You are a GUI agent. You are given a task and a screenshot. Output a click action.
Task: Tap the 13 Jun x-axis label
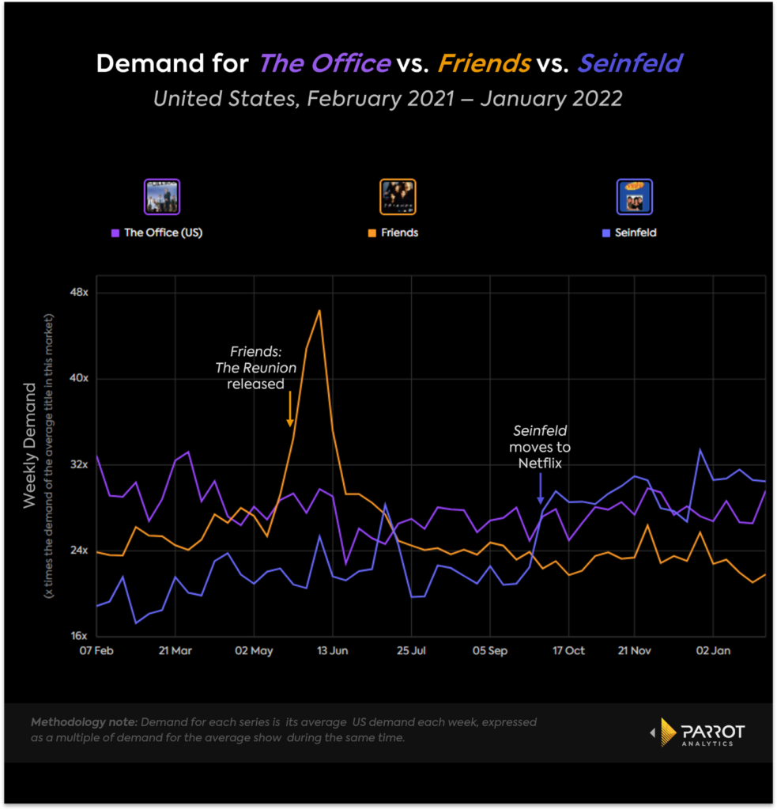(x=333, y=651)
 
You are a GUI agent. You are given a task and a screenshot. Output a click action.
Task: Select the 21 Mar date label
(x=175, y=651)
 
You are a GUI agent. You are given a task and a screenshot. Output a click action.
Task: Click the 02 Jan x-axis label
(x=714, y=651)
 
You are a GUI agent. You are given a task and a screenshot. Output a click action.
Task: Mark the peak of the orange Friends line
(x=319, y=310)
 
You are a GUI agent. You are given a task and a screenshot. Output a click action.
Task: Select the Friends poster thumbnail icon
(x=398, y=197)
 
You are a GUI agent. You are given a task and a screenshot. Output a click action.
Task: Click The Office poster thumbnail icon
(x=162, y=197)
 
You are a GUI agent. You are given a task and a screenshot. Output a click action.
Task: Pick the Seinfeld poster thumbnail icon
(x=634, y=197)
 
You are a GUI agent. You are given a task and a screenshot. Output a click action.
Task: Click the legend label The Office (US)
(x=163, y=233)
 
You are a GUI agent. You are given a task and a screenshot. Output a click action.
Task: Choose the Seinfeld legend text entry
(x=635, y=233)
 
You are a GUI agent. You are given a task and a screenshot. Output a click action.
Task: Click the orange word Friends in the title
(x=484, y=63)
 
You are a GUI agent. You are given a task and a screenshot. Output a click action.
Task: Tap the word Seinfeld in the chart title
(x=630, y=63)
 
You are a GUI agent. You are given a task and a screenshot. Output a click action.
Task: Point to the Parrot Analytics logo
(x=696, y=732)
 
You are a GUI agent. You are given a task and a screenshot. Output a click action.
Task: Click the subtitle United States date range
(x=387, y=99)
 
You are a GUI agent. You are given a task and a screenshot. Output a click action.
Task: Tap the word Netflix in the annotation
(x=540, y=464)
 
